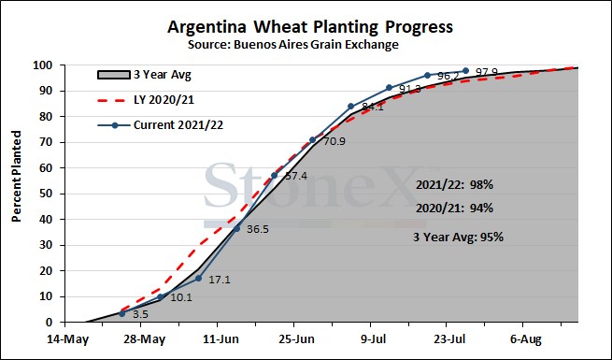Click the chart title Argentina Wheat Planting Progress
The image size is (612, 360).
[x=310, y=27]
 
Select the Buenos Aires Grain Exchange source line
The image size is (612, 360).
[x=293, y=45]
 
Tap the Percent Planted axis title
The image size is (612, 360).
[x=16, y=177]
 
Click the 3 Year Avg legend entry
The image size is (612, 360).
[x=145, y=74]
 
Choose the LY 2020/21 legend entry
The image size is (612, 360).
[x=146, y=100]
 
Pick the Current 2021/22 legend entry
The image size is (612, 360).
[x=160, y=125]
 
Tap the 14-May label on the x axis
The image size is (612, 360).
[x=68, y=339]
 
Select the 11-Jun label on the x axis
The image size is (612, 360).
[x=221, y=339]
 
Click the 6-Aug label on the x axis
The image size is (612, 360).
[x=526, y=339]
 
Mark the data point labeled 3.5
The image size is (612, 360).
[x=121, y=313]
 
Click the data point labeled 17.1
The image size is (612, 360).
[x=198, y=279]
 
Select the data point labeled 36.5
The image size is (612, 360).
[x=236, y=228]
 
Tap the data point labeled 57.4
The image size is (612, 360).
[x=275, y=175]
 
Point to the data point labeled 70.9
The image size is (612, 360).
[x=313, y=139]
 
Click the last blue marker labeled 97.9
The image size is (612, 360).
[x=465, y=71]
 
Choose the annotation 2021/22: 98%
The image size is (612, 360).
[x=454, y=185]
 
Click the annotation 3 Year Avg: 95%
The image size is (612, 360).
[x=458, y=237]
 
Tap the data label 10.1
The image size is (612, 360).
[x=181, y=297]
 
